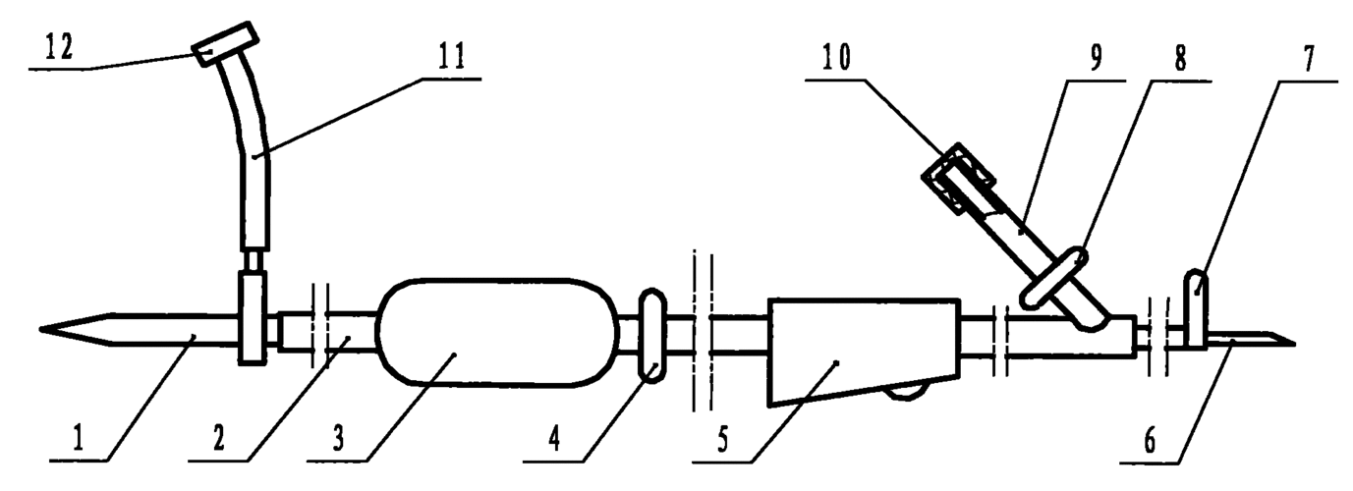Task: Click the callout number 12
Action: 60,46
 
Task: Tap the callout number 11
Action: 451,57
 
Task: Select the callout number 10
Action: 835,58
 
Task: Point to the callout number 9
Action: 1096,58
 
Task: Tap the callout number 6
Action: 1150,440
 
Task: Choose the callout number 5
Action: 722,439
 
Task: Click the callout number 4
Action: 554,438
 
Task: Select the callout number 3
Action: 338,438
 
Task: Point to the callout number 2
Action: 219,438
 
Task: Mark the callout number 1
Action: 79,438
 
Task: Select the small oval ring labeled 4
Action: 652,335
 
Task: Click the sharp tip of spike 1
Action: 40,329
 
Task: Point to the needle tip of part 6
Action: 1295,345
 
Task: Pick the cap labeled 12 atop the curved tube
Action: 225,45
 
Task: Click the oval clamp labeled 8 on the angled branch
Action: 1053,276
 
